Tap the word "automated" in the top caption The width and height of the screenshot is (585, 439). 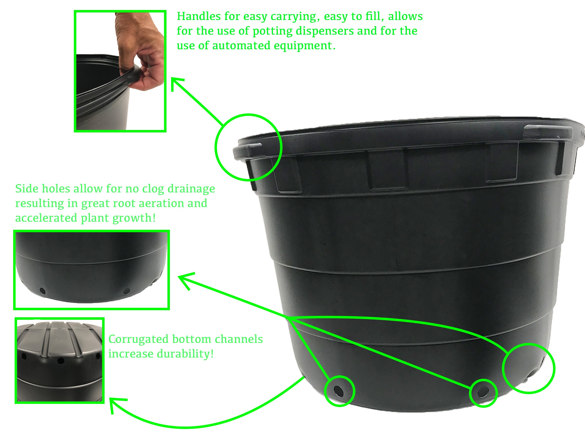coord(242,46)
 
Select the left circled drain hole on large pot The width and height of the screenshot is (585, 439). coord(338,390)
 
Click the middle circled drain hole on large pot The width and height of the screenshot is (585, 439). coord(483,392)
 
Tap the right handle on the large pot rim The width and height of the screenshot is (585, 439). coord(547,131)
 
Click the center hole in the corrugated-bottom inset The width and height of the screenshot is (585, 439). coord(61,360)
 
